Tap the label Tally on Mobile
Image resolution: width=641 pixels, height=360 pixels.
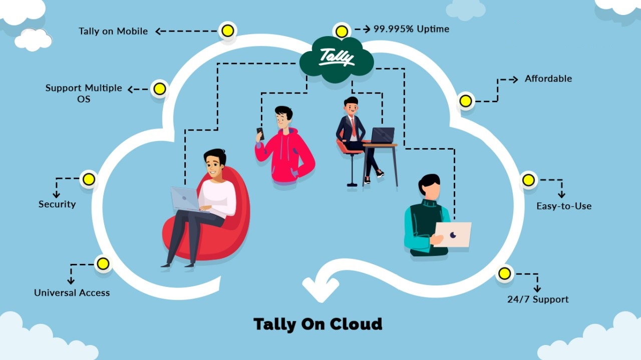pos(113,31)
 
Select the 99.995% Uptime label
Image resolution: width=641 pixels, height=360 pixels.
pos(411,29)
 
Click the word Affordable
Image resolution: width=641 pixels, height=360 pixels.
pos(548,79)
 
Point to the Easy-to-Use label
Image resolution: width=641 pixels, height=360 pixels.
pos(564,206)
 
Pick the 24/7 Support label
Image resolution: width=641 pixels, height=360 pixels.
pos(538,299)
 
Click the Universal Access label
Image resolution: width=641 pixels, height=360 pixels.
pos(72,293)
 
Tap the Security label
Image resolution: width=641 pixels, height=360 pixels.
pos(57,204)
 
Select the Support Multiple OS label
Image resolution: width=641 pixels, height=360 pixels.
pos(84,93)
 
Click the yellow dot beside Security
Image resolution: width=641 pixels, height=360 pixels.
pos(89,179)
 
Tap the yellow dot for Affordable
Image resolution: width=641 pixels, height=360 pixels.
pos(466,101)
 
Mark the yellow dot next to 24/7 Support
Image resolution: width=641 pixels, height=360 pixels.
pos(505,273)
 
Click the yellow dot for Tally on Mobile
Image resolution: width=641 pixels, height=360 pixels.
pos(227,31)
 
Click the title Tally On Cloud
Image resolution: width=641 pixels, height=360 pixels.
pos(317,324)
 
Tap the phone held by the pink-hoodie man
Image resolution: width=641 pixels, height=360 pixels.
pos(260,133)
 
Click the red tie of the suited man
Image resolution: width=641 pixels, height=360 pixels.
pos(354,128)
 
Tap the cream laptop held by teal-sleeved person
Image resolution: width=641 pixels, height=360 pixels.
pos(453,234)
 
